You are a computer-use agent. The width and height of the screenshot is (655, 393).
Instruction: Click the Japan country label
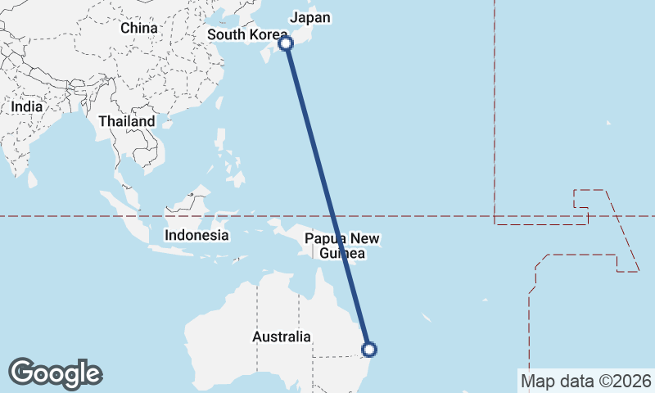(310, 17)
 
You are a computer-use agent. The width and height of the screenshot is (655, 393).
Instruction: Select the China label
(138, 28)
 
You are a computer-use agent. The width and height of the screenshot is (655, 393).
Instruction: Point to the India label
(27, 106)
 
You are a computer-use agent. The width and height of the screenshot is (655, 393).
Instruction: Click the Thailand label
(126, 121)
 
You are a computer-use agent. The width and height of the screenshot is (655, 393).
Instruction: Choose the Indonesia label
(196, 235)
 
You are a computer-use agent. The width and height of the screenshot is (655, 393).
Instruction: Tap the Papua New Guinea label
(342, 246)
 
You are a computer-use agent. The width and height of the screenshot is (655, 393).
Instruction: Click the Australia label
(282, 337)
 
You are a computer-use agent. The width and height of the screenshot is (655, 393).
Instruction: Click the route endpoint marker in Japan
(286, 43)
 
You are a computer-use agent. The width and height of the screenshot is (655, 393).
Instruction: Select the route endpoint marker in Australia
(369, 350)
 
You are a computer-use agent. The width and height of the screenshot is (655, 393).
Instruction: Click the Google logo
(55, 373)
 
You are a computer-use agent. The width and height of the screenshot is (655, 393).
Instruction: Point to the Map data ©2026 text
(585, 381)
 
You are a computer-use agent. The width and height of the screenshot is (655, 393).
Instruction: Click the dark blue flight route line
(327, 196)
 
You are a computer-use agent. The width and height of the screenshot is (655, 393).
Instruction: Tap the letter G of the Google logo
(22, 373)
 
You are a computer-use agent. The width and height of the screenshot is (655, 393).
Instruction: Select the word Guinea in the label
(343, 254)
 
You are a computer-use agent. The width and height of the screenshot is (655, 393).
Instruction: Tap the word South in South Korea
(226, 34)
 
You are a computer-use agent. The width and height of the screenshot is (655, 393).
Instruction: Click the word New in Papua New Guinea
(365, 239)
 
